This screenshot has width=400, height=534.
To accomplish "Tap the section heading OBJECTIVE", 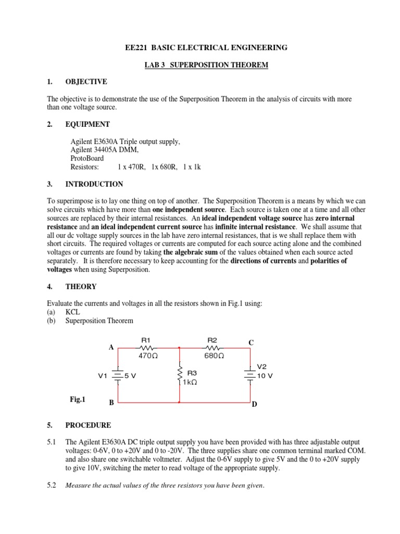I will pyautogui.click(x=86, y=82).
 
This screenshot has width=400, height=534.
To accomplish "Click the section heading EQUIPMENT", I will pyautogui.click(x=87, y=124).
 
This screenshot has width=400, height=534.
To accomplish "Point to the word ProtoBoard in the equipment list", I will pyautogui.click(x=87, y=158).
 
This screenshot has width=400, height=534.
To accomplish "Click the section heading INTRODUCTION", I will pyautogui.click(x=94, y=184).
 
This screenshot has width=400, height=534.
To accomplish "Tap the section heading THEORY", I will pyautogui.click(x=81, y=286).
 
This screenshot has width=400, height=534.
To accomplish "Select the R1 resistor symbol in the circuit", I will pyautogui.click(x=146, y=347).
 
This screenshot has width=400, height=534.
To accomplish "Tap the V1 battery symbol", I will pyautogui.click(x=118, y=375).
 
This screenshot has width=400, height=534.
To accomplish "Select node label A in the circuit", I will pyautogui.click(x=111, y=347).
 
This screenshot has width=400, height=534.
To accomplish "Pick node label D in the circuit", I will pyautogui.click(x=255, y=405).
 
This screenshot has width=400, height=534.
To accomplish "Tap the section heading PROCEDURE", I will pyautogui.click(x=88, y=425).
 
